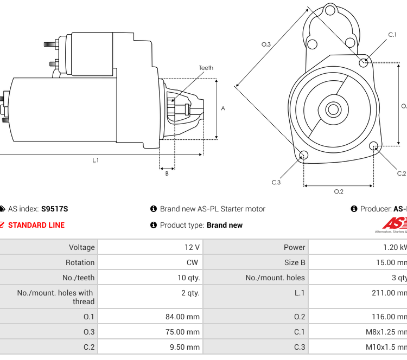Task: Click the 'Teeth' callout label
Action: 206,68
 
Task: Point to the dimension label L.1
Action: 96,160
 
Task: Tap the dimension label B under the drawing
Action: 167,173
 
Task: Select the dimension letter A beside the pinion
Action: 223,108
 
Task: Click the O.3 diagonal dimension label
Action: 266,44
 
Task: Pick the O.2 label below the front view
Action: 338,191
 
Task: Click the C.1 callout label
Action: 392,35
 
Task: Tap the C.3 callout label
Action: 276,182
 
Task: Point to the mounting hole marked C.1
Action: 364,63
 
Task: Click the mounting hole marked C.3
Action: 304,156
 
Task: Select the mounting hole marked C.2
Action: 373,146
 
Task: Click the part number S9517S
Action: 55,209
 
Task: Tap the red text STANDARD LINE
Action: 36,225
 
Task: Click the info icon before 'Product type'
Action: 154,225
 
